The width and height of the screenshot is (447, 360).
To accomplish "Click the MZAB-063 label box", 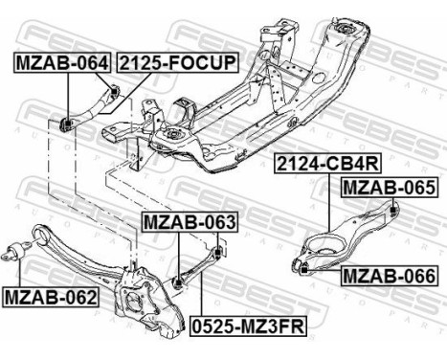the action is click(189, 223).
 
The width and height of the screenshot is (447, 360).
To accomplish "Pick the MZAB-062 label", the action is click(51, 297).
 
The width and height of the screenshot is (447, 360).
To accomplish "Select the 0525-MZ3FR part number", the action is click(248, 325).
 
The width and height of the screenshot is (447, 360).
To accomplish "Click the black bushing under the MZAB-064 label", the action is click(68, 123).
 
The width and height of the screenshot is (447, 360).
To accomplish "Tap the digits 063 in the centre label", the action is click(216, 223).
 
